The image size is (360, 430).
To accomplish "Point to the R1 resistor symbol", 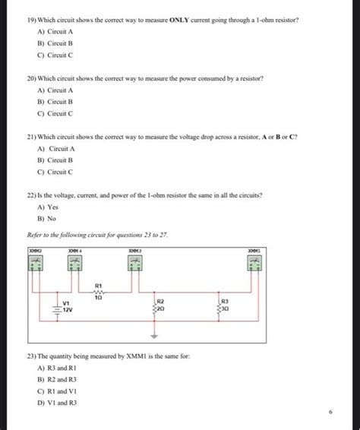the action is coord(98,292).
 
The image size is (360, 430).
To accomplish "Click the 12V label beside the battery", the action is coord(67,311).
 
